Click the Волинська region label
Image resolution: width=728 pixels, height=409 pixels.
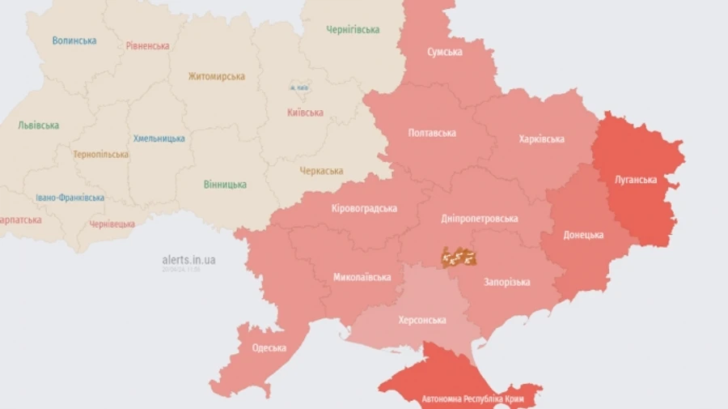(74, 40)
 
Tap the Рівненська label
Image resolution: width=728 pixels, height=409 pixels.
(148, 46)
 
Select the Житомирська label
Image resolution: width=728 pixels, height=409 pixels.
(216, 77)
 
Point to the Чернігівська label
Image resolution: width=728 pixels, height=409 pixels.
(353, 30)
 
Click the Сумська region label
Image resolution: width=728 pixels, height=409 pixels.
(445, 52)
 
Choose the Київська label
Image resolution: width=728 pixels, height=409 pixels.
(305, 113)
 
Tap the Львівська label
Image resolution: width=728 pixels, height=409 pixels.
(38, 126)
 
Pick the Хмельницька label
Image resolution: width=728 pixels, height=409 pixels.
(159, 138)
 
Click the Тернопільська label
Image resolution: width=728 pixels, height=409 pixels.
(100, 155)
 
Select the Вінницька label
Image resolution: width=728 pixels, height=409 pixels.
(225, 185)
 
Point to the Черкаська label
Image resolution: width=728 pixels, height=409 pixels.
(321, 171)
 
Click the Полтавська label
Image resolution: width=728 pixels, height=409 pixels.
(432, 133)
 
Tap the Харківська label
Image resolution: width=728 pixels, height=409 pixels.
(541, 139)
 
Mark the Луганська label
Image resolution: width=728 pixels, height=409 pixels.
(636, 180)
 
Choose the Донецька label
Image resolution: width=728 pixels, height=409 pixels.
(583, 235)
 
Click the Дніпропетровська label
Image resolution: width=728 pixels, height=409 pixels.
(480, 219)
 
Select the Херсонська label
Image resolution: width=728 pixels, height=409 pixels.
(422, 320)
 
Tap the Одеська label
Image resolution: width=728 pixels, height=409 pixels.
(269, 348)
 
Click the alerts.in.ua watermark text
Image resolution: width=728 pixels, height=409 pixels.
(188, 260)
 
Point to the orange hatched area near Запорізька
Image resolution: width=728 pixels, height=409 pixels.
(458, 257)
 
